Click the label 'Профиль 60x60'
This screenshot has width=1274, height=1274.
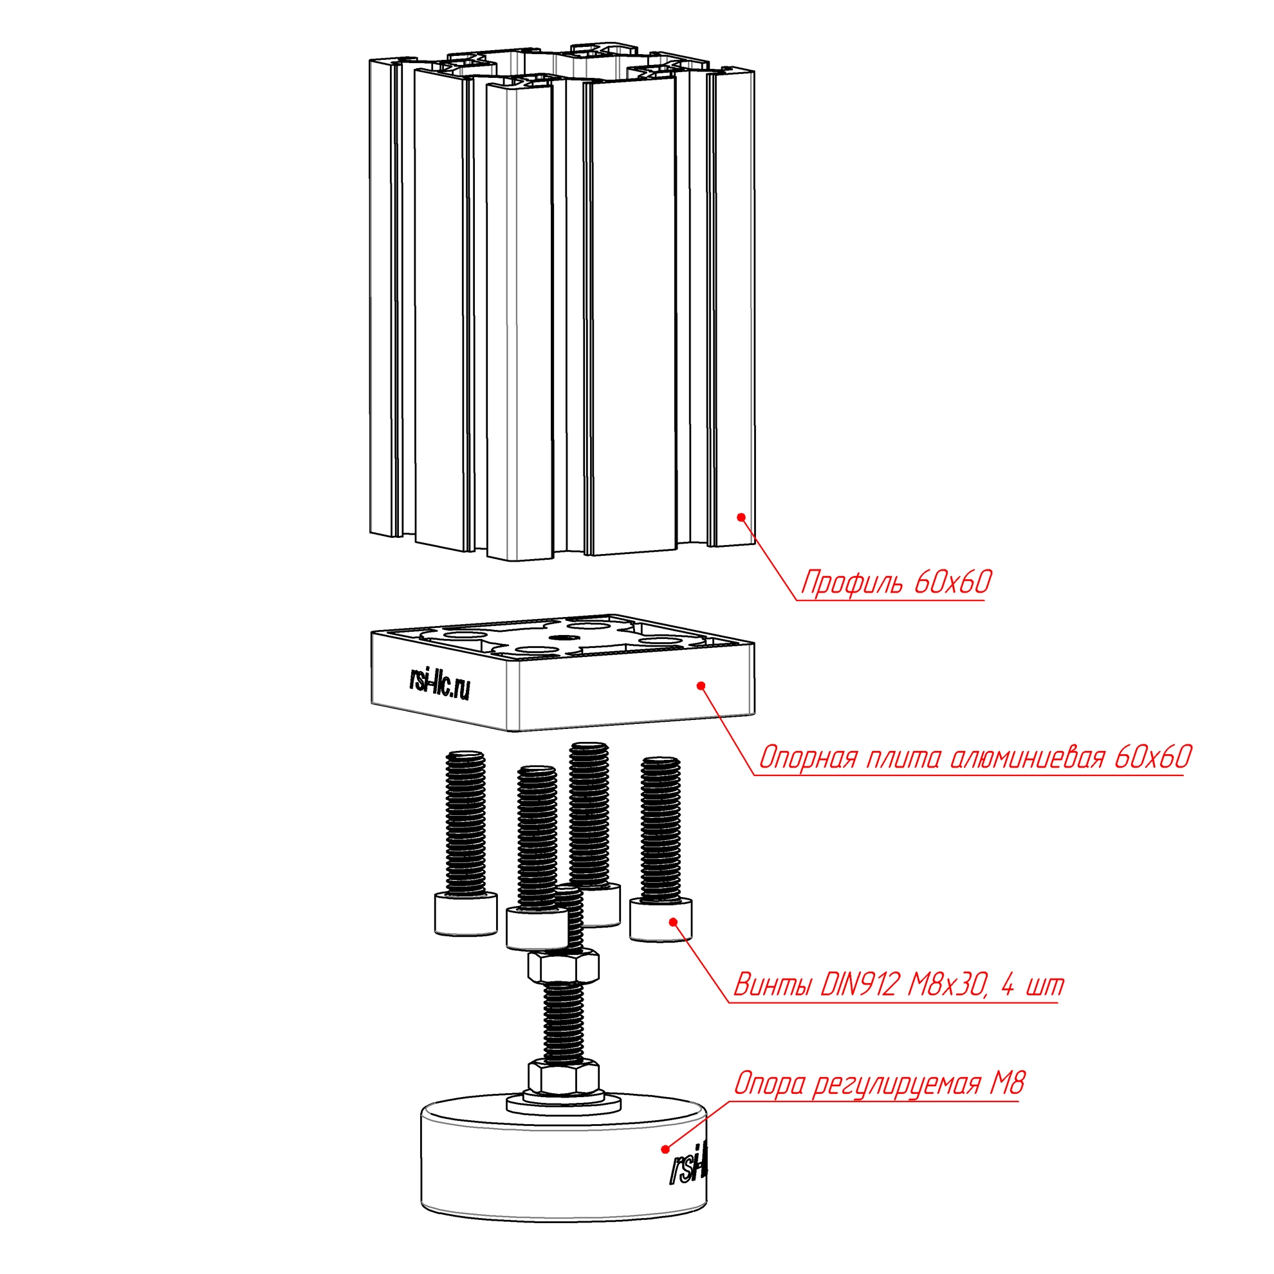pyautogui.click(x=896, y=582)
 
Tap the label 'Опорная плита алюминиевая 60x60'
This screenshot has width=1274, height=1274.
pyautogui.click(x=975, y=759)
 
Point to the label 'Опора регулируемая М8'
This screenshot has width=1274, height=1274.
pyautogui.click(x=879, y=1084)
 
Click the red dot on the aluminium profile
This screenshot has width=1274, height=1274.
pyautogui.click(x=741, y=517)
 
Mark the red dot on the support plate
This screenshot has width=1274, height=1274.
pyautogui.click(x=701, y=686)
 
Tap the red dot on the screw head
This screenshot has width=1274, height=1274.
pyautogui.click(x=673, y=921)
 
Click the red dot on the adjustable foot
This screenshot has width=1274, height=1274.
pyautogui.click(x=665, y=1149)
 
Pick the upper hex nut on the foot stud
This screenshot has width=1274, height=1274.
pyautogui.click(x=563, y=966)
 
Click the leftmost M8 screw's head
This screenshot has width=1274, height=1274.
pyautogui.click(x=466, y=913)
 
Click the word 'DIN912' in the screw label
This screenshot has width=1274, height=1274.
pyautogui.click(x=859, y=985)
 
